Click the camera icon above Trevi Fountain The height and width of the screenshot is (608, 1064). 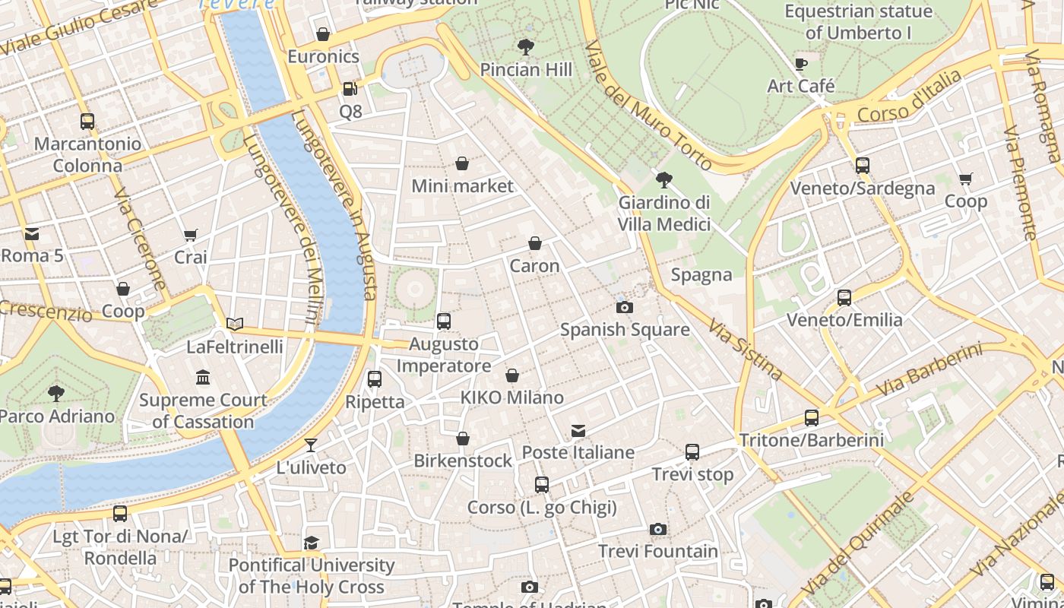[x=658, y=529]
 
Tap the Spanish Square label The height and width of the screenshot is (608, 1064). [x=625, y=329]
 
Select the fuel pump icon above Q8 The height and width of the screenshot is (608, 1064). [x=350, y=89]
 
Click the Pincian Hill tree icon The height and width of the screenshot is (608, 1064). [x=525, y=47]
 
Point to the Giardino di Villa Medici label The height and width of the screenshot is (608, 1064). [x=663, y=214]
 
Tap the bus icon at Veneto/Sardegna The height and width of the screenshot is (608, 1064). [x=862, y=165]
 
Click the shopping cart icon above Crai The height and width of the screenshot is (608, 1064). [x=190, y=236]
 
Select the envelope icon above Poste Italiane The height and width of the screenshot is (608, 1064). [x=578, y=431]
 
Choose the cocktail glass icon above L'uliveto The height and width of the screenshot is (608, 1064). [x=311, y=445]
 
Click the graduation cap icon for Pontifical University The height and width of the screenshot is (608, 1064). [x=311, y=543]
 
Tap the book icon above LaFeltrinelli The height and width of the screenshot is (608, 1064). [x=235, y=325]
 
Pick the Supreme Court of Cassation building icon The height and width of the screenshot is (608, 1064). [x=203, y=378]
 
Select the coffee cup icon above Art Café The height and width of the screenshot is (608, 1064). [x=800, y=64]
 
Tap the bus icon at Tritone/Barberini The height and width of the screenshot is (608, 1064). [x=812, y=418]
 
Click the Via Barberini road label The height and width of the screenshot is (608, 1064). [x=928, y=369]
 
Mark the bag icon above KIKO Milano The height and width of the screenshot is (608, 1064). [x=512, y=375]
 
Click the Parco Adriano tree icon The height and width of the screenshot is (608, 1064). [x=55, y=394]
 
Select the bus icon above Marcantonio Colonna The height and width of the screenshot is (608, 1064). [x=87, y=121]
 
